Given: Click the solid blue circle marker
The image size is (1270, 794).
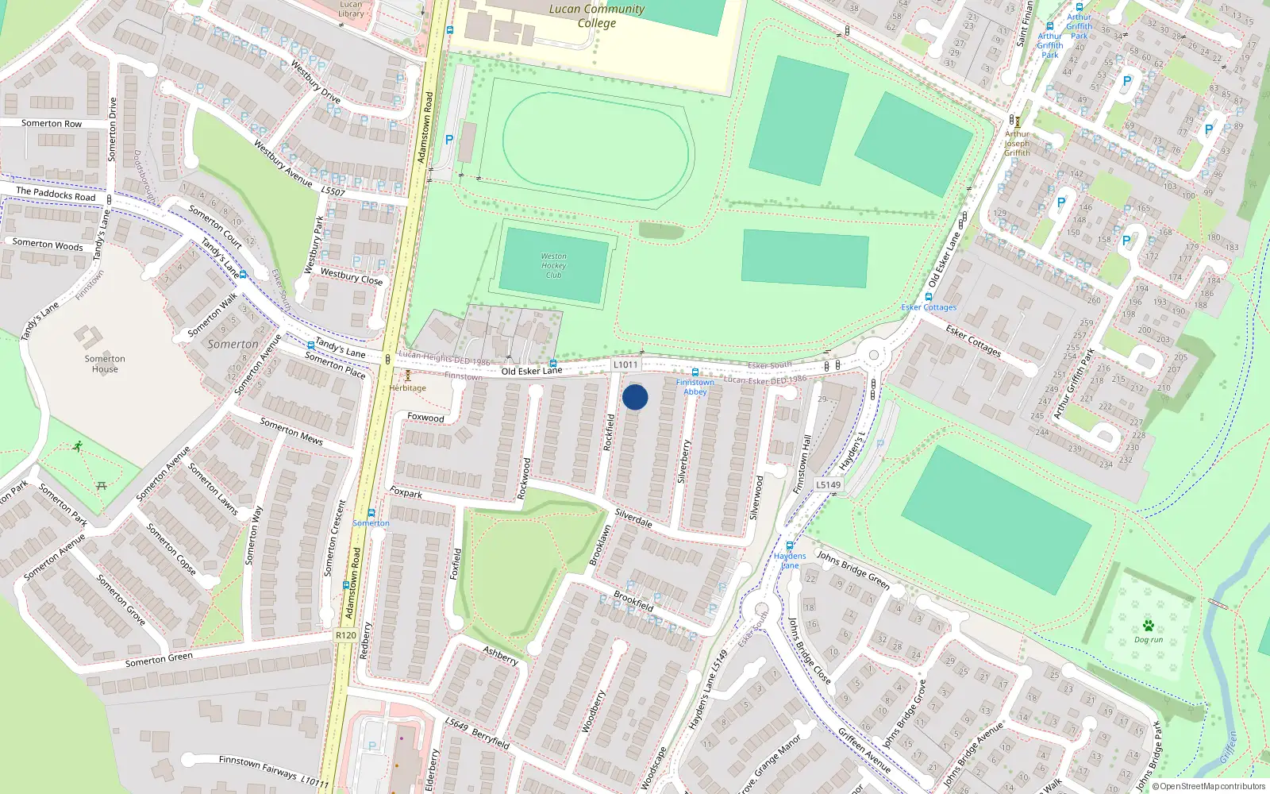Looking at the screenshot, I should coord(635,397).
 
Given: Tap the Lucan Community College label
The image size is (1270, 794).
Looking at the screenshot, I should coord(597,16).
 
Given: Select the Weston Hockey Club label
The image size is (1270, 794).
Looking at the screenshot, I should coord(553,265).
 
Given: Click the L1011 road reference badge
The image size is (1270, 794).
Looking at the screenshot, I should coord(625,364).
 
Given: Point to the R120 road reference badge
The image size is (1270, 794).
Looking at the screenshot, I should coord(346,635).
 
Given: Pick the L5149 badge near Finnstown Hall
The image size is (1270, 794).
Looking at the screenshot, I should coord(828,484).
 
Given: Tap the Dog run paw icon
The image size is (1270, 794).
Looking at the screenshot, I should coord(1148,626).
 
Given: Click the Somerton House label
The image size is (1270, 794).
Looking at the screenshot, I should coord(105,364).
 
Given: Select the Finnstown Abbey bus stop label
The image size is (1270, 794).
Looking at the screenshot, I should coord(695,387).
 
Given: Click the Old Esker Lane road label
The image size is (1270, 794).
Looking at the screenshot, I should coord(531,371).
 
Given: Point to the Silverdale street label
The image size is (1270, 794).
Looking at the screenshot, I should coord(633,518).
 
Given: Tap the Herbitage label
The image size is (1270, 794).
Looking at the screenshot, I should coord(408,388).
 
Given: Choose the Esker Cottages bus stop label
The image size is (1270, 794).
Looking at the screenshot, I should coord(929,307).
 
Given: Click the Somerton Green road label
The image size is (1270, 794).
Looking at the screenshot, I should coord(159,660).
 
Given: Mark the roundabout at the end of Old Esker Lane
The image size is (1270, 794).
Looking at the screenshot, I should coord(874,355).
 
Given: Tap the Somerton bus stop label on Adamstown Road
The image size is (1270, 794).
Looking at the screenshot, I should coord(371,523).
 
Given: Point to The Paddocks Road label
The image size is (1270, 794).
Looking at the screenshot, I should coord(56,194).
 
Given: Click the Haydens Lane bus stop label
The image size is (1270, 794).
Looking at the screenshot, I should coord(790,561).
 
